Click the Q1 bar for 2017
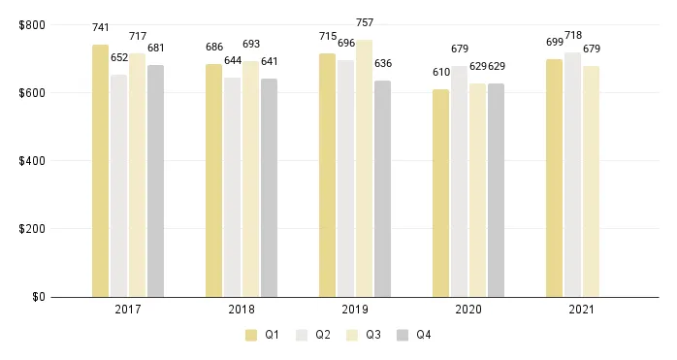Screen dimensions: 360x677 tap(100, 171)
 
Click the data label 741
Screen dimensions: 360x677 tap(100, 33)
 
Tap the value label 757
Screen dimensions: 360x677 tap(364, 22)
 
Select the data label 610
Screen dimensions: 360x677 tap(440, 72)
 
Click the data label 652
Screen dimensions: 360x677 tap(118, 57)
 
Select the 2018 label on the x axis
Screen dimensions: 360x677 tap(242, 311)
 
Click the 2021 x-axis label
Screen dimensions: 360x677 tap(582, 311)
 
